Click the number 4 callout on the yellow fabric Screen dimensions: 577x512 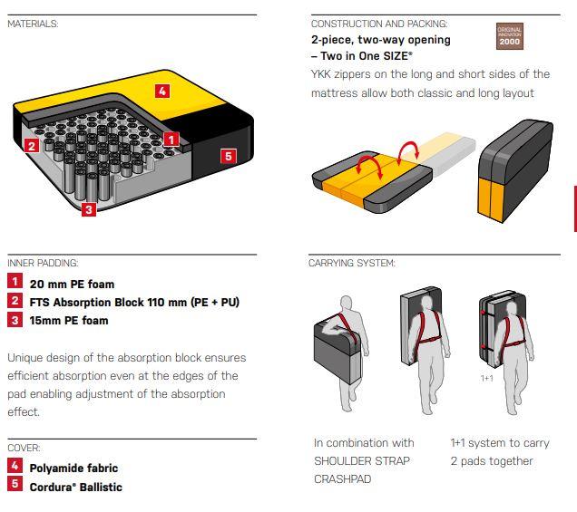click(x=162, y=91)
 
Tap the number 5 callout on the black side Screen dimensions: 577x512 click(x=228, y=156)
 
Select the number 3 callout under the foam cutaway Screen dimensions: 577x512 click(x=89, y=209)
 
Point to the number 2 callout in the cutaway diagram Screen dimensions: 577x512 click(x=32, y=146)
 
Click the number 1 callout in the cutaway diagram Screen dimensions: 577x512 click(x=171, y=140)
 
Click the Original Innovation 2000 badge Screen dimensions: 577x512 click(x=510, y=36)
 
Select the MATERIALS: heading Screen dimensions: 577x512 click(x=33, y=24)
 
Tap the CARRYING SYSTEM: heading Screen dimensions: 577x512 click(x=351, y=263)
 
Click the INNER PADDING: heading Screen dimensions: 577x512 click(x=43, y=263)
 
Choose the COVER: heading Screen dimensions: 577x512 click(x=24, y=448)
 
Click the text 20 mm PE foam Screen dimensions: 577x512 click(x=73, y=285)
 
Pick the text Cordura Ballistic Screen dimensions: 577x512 click(x=76, y=487)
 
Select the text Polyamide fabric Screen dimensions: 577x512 click(x=73, y=469)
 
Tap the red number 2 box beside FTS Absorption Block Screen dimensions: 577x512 click(x=15, y=300)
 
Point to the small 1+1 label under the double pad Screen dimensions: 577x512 click(x=487, y=378)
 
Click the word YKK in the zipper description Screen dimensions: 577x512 click(x=321, y=74)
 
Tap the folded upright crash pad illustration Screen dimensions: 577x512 click(x=515, y=171)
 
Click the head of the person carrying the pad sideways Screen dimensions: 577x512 click(x=346, y=304)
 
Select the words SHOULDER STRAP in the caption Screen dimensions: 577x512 click(x=362, y=461)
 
